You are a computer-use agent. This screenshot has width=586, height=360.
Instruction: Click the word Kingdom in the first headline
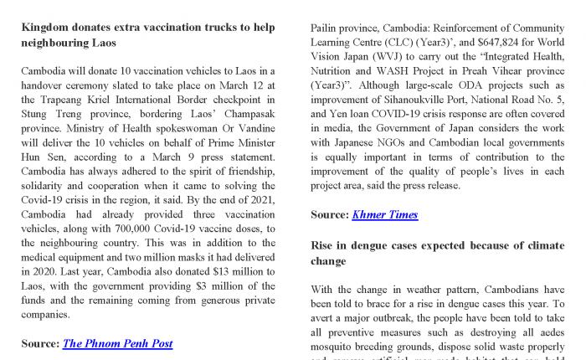tap(49, 27)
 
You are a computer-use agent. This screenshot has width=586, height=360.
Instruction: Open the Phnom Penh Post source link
tap(117, 343)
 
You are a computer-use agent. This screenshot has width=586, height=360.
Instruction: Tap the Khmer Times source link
tap(385, 214)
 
